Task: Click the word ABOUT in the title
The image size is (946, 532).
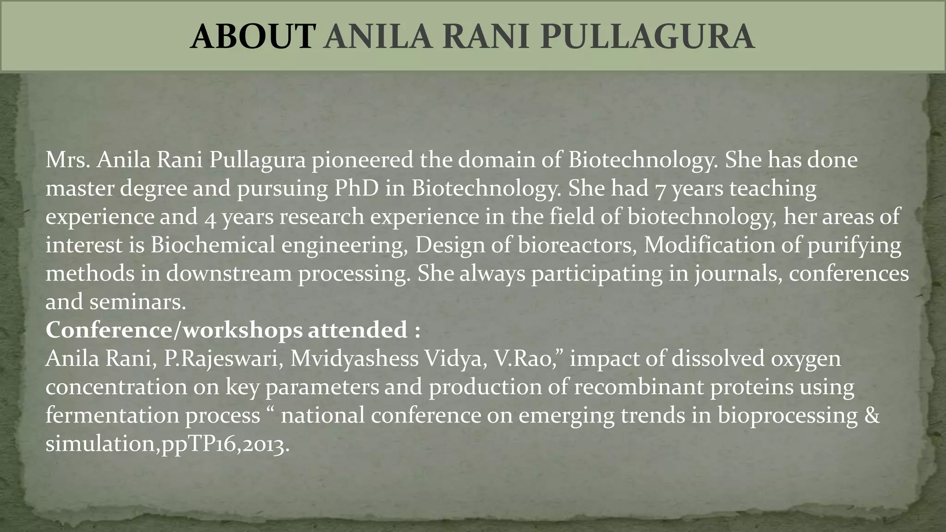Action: point(253,37)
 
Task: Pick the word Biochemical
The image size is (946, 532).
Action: point(212,245)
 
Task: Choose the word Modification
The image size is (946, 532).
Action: point(709,245)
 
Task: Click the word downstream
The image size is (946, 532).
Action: point(229,273)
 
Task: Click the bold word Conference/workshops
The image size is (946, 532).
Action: point(174,330)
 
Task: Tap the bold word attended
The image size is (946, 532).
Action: point(358,330)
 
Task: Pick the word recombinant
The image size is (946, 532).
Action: point(639,387)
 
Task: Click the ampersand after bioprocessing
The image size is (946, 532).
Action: point(871,415)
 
